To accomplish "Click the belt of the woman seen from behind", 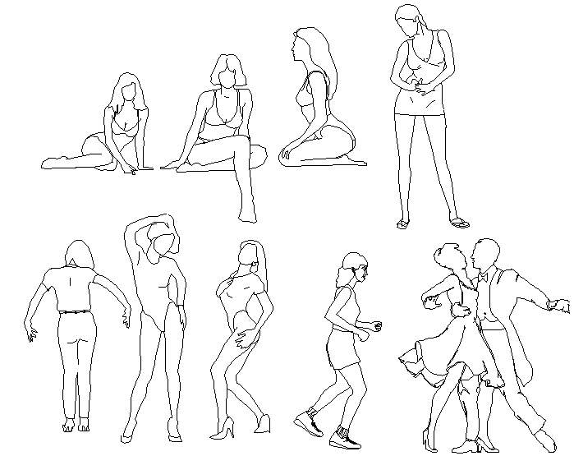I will coord(76,311).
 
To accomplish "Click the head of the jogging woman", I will coord(354,269).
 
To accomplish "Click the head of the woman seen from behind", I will coord(78,255).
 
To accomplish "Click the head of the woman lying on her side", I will coord(127,88).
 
